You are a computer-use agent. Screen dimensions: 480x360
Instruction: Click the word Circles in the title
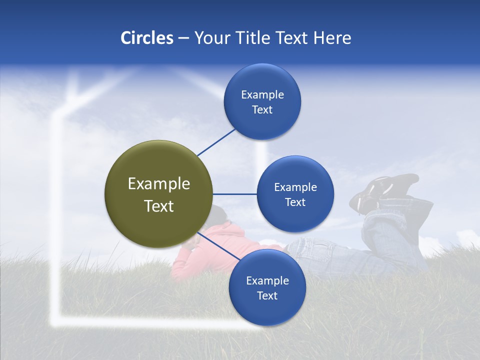pos(146,38)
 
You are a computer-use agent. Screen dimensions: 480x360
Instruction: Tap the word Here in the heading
pos(332,38)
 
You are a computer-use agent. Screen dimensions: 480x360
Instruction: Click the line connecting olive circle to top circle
pos(216,142)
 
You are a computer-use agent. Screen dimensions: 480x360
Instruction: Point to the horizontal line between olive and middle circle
pos(235,194)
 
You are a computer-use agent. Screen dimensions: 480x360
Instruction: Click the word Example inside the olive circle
pos(159,184)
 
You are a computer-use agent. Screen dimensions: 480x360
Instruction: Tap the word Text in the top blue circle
pos(262,110)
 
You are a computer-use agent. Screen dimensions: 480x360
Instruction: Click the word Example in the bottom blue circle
pos(267,280)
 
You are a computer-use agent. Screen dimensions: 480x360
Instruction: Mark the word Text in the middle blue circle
pos(295,202)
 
